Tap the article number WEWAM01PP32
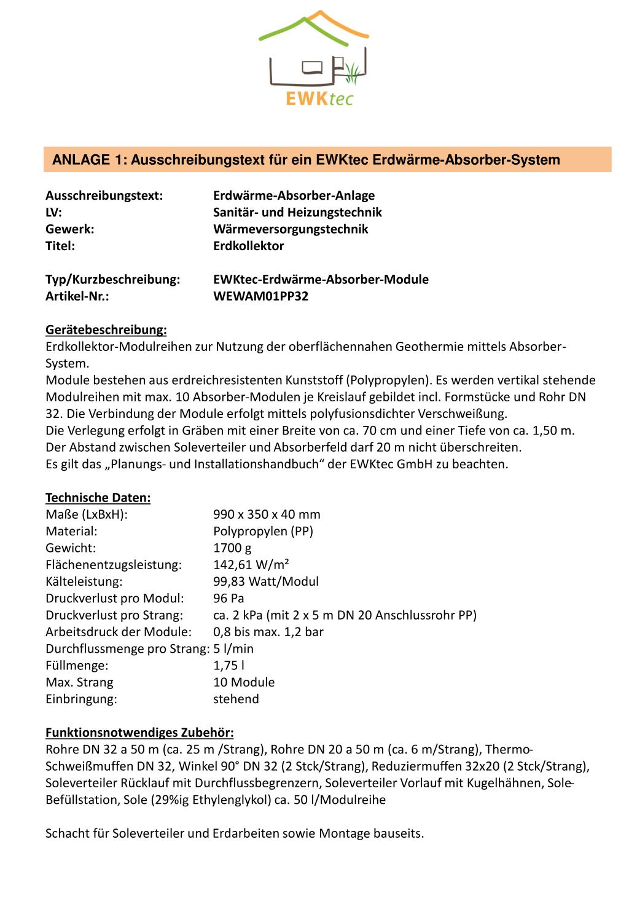[260, 296]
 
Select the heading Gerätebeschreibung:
[106, 330]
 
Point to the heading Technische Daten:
[98, 497]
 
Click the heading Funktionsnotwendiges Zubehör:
[139, 733]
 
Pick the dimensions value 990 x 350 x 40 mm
[267, 514]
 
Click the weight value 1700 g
[232, 548]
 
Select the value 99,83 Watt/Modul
[265, 581]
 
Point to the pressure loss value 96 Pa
[229, 598]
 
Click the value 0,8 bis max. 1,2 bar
[268, 632]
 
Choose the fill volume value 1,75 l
[229, 665]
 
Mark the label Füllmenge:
[77, 665]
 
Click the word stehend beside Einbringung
[236, 699]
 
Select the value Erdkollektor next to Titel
[248, 246]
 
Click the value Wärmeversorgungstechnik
[291, 229]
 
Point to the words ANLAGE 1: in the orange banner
[88, 160]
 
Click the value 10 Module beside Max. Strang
[244, 682]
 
